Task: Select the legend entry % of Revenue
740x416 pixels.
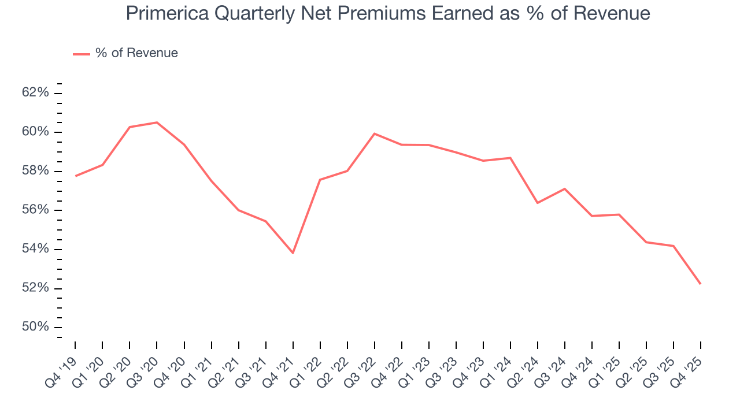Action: click(136, 53)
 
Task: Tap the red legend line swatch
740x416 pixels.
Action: click(82, 54)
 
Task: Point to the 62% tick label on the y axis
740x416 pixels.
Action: click(36, 93)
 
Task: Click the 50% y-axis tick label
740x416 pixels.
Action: click(36, 327)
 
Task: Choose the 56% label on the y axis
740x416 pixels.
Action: click(36, 210)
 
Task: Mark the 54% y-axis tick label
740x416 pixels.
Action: click(36, 249)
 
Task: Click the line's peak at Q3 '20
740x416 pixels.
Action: click(157, 122)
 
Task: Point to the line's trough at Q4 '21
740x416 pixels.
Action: click(293, 253)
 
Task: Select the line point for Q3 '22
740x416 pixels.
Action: click(375, 133)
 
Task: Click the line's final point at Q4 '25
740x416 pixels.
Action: click(701, 284)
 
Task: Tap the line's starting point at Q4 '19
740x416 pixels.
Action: click(75, 176)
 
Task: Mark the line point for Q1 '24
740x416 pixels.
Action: click(510, 158)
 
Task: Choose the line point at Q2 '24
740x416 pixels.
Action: click(538, 203)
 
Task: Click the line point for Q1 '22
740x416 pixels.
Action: click(320, 180)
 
